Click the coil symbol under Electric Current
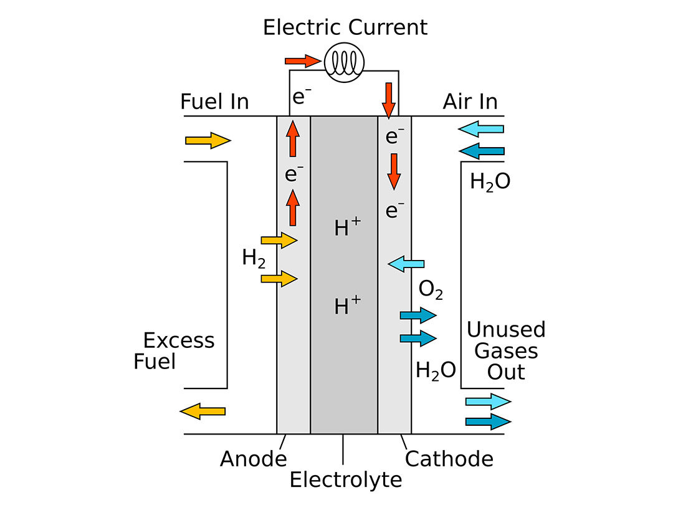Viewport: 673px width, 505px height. pyautogui.click(x=345, y=61)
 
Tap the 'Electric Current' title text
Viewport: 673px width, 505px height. pyautogui.click(x=345, y=27)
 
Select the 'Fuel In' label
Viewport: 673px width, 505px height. pyautogui.click(x=214, y=101)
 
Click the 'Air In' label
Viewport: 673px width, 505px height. pyautogui.click(x=470, y=101)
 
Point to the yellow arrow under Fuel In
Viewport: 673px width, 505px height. pyautogui.click(x=208, y=140)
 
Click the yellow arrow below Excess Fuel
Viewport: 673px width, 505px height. pyautogui.click(x=203, y=411)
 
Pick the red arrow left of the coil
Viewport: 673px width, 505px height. pyautogui.click(x=303, y=61)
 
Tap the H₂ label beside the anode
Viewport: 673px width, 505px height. pyautogui.click(x=254, y=259)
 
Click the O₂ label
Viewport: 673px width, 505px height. pyautogui.click(x=431, y=290)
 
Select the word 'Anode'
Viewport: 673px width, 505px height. pyautogui.click(x=253, y=459)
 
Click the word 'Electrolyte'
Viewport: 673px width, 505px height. pyautogui.click(x=346, y=479)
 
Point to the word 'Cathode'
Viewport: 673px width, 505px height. pyautogui.click(x=449, y=459)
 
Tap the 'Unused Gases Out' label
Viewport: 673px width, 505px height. pyautogui.click(x=506, y=350)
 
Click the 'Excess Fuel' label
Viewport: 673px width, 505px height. pyautogui.click(x=174, y=351)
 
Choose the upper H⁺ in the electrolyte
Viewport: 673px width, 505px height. pyautogui.click(x=347, y=228)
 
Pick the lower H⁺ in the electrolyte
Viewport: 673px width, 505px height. pyautogui.click(x=347, y=305)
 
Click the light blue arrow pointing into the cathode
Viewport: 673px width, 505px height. pyautogui.click(x=406, y=264)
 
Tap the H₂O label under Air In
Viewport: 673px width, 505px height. pyautogui.click(x=490, y=182)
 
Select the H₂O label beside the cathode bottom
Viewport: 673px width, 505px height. pyautogui.click(x=436, y=371)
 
